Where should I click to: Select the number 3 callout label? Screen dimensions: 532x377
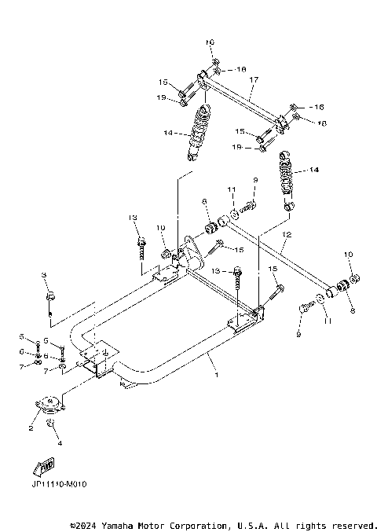(45, 274)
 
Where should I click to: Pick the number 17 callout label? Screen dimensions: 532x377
(253, 80)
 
